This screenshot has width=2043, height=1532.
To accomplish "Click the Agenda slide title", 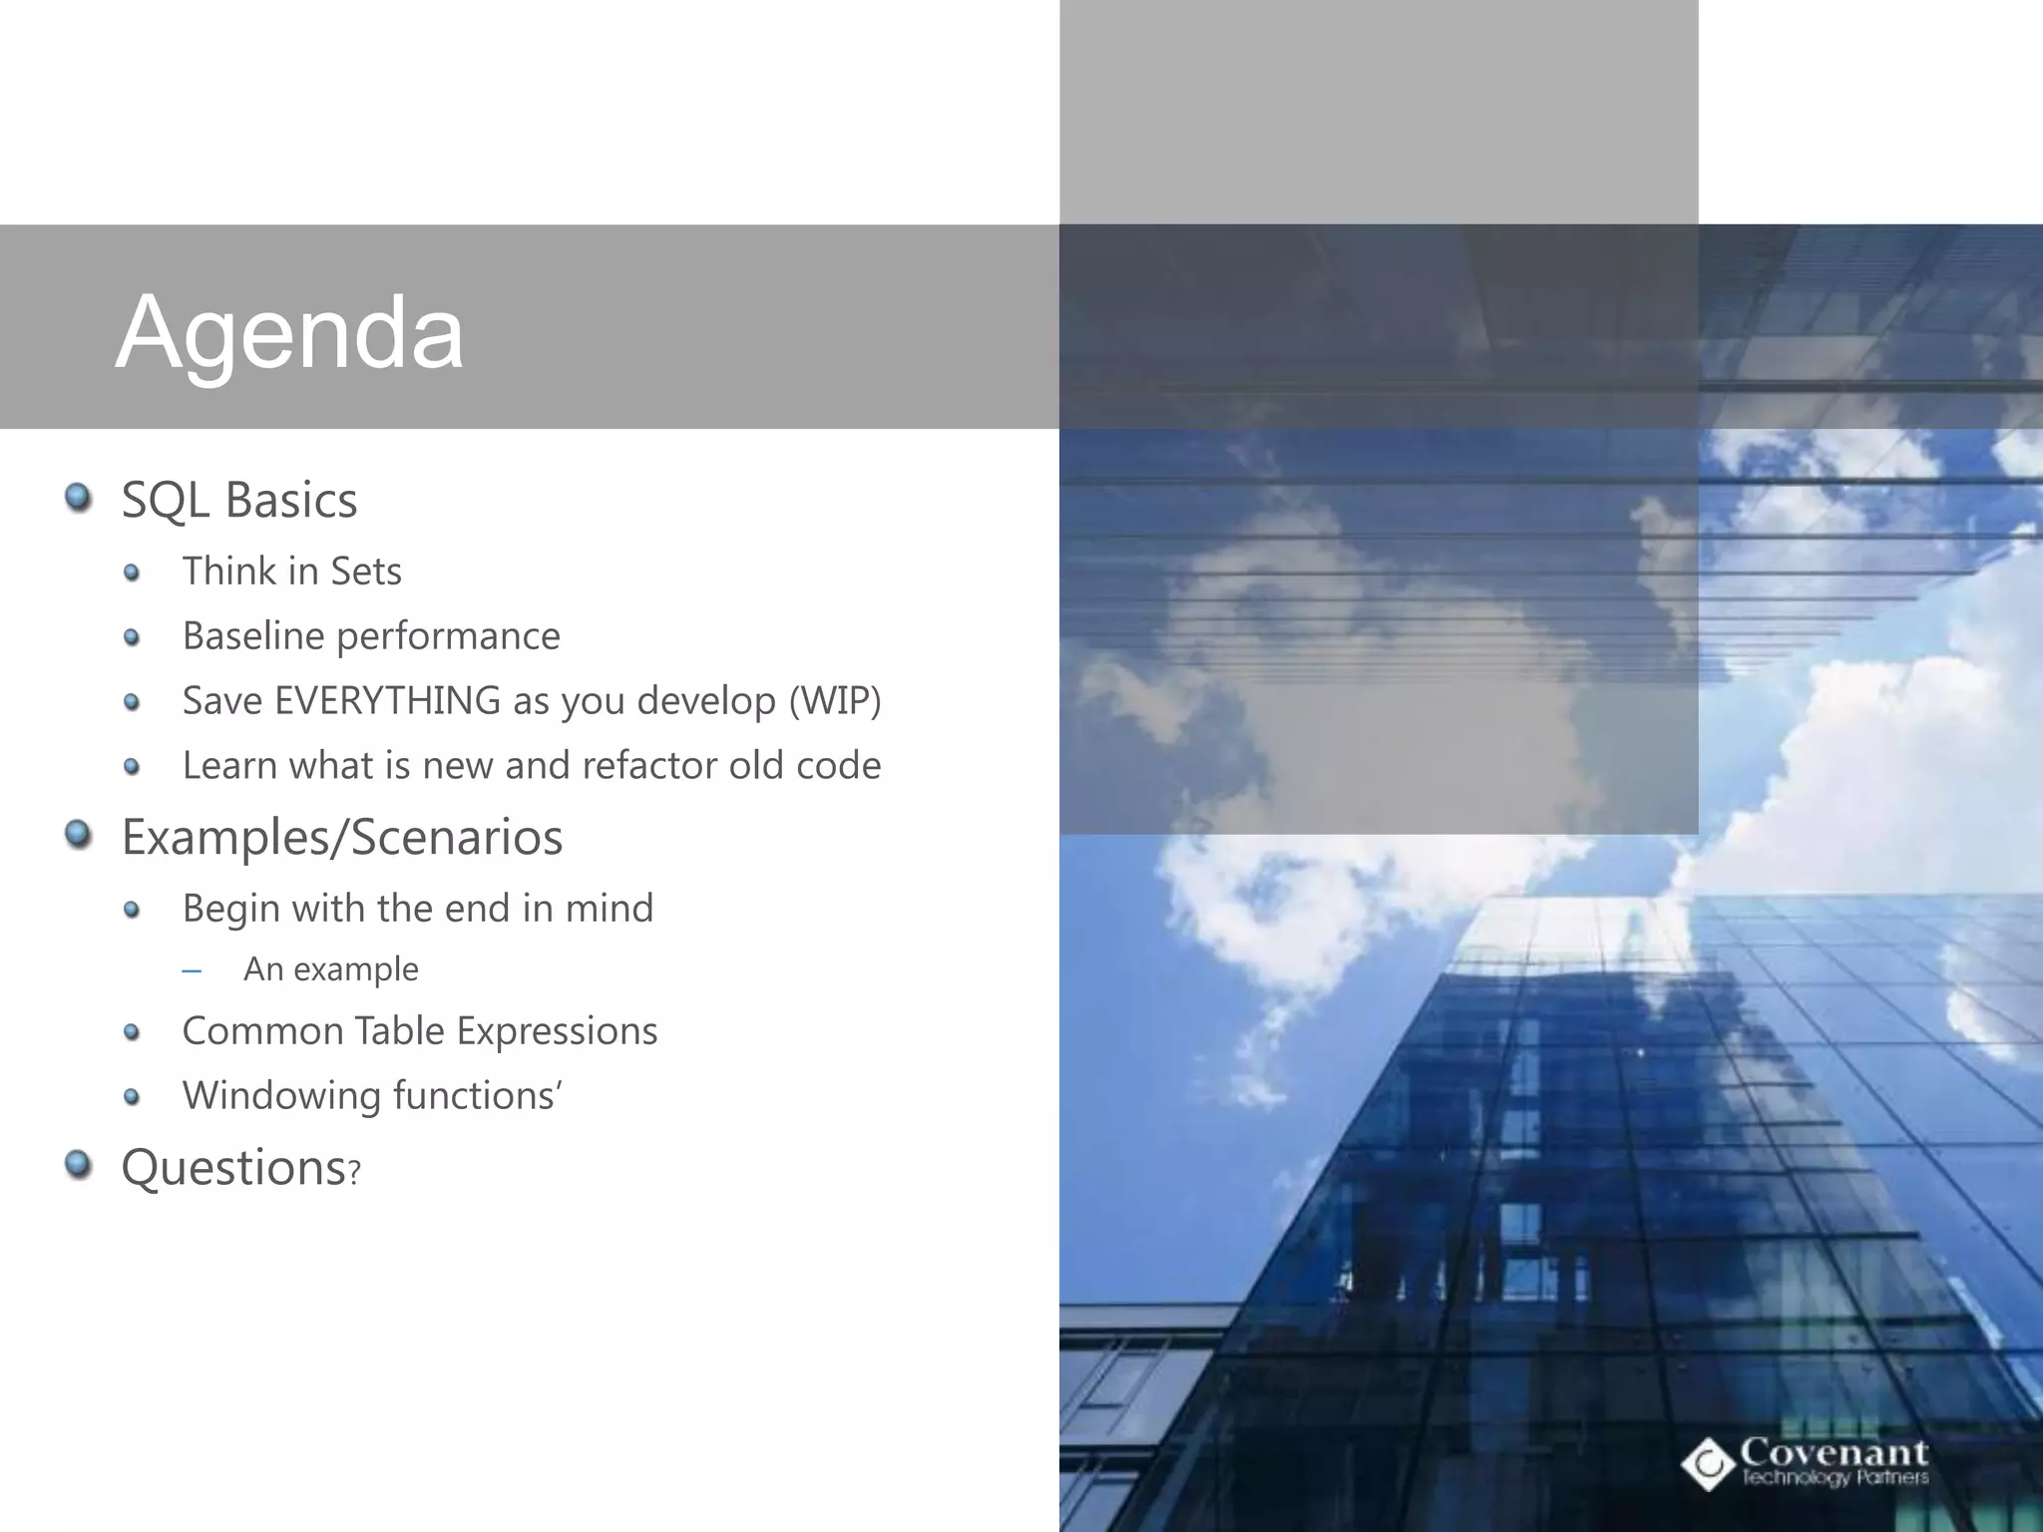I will (289, 332).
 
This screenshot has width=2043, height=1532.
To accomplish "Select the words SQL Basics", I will (238, 500).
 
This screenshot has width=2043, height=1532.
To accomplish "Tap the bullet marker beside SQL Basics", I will (78, 496).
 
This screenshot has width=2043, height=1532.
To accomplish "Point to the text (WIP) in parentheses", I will (835, 700).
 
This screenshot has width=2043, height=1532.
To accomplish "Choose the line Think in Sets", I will (291, 572).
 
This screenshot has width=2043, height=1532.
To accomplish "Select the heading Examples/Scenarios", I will (341, 836).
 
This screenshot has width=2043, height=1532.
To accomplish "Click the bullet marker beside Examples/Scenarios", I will (78, 833).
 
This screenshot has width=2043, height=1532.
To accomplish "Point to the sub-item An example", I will (330, 968).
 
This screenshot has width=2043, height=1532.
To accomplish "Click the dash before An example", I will (192, 970).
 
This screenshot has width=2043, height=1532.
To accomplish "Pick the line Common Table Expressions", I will (419, 1031).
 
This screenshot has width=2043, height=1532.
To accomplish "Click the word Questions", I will (232, 1167).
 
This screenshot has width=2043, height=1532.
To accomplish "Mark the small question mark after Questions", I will (353, 1174).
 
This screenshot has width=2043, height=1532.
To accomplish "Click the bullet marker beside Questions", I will (78, 1163).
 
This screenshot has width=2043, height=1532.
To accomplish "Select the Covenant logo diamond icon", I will (1709, 1463).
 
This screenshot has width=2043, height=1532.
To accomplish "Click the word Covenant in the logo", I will (1834, 1452).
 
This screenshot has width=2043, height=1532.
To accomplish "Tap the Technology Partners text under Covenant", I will (1835, 1477).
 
